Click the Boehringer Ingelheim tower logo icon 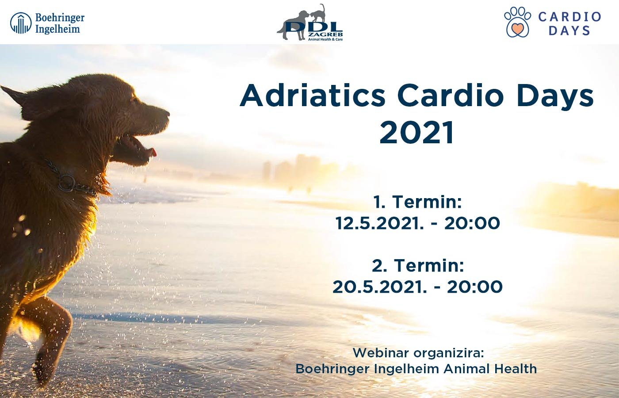click(x=21, y=23)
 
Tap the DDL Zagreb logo click(x=310, y=23)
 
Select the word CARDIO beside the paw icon click(x=569, y=17)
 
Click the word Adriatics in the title click(x=313, y=96)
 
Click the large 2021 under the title click(x=416, y=132)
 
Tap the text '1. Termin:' click(x=417, y=202)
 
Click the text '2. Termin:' click(x=417, y=265)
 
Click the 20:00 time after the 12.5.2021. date click(x=472, y=223)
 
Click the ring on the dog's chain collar click(x=66, y=183)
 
